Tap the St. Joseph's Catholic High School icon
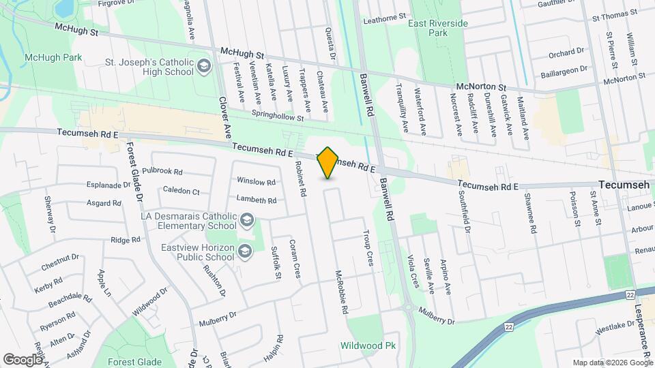tap(204, 66)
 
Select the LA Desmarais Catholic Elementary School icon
tap(246, 220)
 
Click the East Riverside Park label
tap(438, 28)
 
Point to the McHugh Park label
tap(53, 57)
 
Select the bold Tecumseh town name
tap(624, 185)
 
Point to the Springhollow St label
tap(277, 117)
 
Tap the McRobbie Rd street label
tap(342, 292)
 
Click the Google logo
tap(23, 359)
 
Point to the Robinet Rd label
tap(300, 179)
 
